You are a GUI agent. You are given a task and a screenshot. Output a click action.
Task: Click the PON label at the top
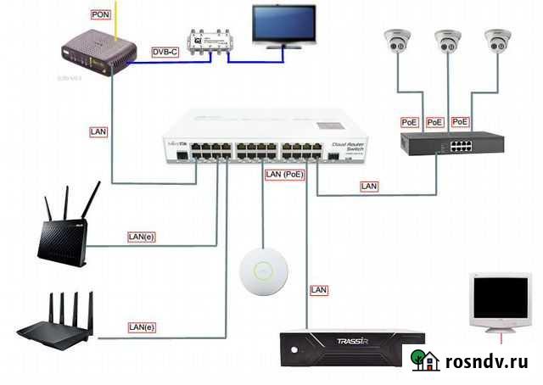(x=99, y=15)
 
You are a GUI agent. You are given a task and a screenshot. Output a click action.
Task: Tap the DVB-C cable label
(x=165, y=52)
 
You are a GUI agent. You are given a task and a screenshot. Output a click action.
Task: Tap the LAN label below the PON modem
(x=99, y=131)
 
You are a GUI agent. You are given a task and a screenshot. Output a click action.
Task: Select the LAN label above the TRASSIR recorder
(x=319, y=290)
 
